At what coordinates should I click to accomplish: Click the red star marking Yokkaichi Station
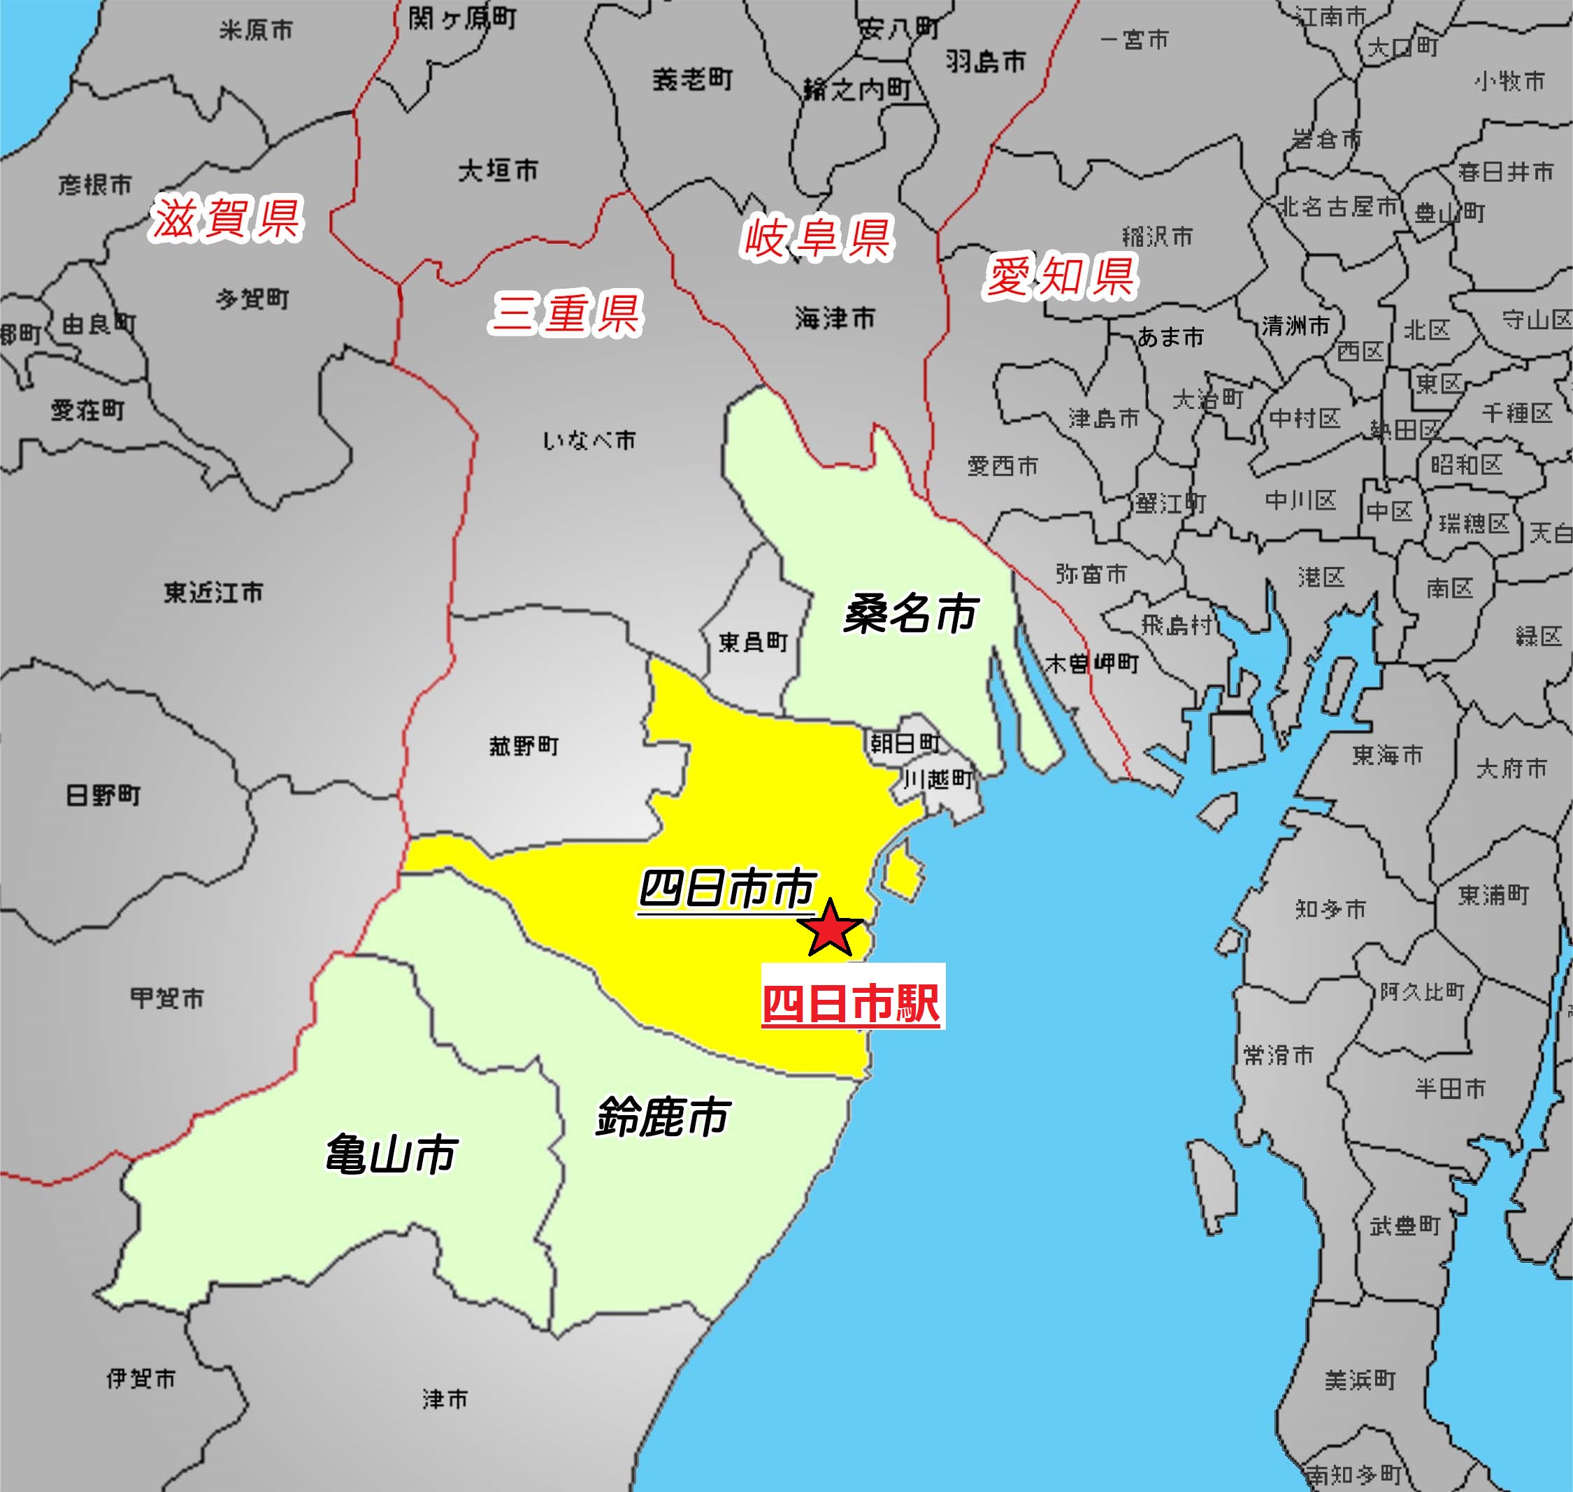pos(829,927)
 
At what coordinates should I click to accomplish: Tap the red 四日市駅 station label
pos(852,1004)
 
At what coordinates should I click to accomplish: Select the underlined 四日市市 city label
pos(727,889)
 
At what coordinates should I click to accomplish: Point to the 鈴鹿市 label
pos(663,1117)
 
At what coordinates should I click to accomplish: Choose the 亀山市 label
pos(392,1154)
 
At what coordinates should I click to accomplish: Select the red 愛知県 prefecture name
pos(1061,277)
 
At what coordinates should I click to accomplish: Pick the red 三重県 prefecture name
pos(566,313)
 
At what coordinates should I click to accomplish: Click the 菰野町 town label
pos(524,746)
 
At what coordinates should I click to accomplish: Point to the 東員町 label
pos(752,642)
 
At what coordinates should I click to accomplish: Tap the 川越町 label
pos(938,780)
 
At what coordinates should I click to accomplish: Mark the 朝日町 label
pos(905,743)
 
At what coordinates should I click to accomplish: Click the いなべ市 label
pos(589,440)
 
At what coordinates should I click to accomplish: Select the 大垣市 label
pos(498,170)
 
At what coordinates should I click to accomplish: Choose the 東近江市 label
pos(213,591)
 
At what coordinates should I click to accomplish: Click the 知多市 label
pos(1330,908)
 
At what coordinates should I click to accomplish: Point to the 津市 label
pos(445,1399)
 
